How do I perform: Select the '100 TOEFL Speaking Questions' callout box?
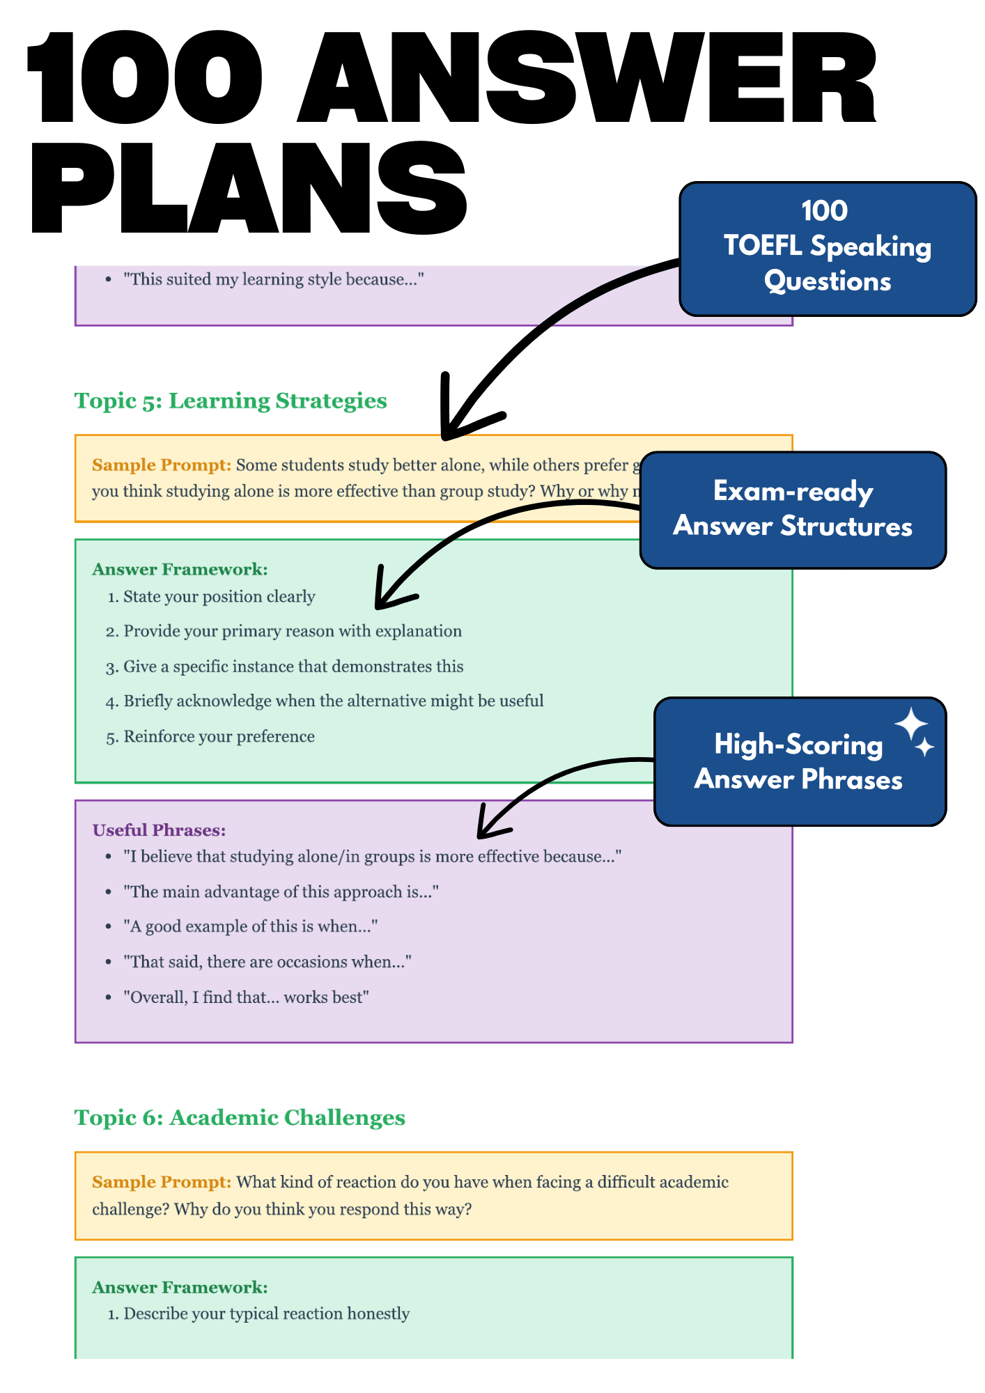[827, 248]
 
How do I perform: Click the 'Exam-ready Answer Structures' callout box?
[792, 510]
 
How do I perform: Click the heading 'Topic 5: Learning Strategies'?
[231, 401]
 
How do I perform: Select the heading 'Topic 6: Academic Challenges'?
[240, 1118]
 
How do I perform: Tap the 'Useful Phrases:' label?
[159, 830]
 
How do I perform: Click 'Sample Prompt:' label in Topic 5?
[161, 465]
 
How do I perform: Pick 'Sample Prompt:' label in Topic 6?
[161, 1182]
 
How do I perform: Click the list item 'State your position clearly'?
[219, 597]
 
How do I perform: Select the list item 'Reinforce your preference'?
[219, 737]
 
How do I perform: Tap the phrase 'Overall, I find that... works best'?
[246, 997]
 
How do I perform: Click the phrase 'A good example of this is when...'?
[250, 926]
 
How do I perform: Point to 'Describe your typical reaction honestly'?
[266, 1314]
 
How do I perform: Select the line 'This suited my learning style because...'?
[273, 280]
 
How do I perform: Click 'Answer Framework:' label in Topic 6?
[180, 1287]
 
